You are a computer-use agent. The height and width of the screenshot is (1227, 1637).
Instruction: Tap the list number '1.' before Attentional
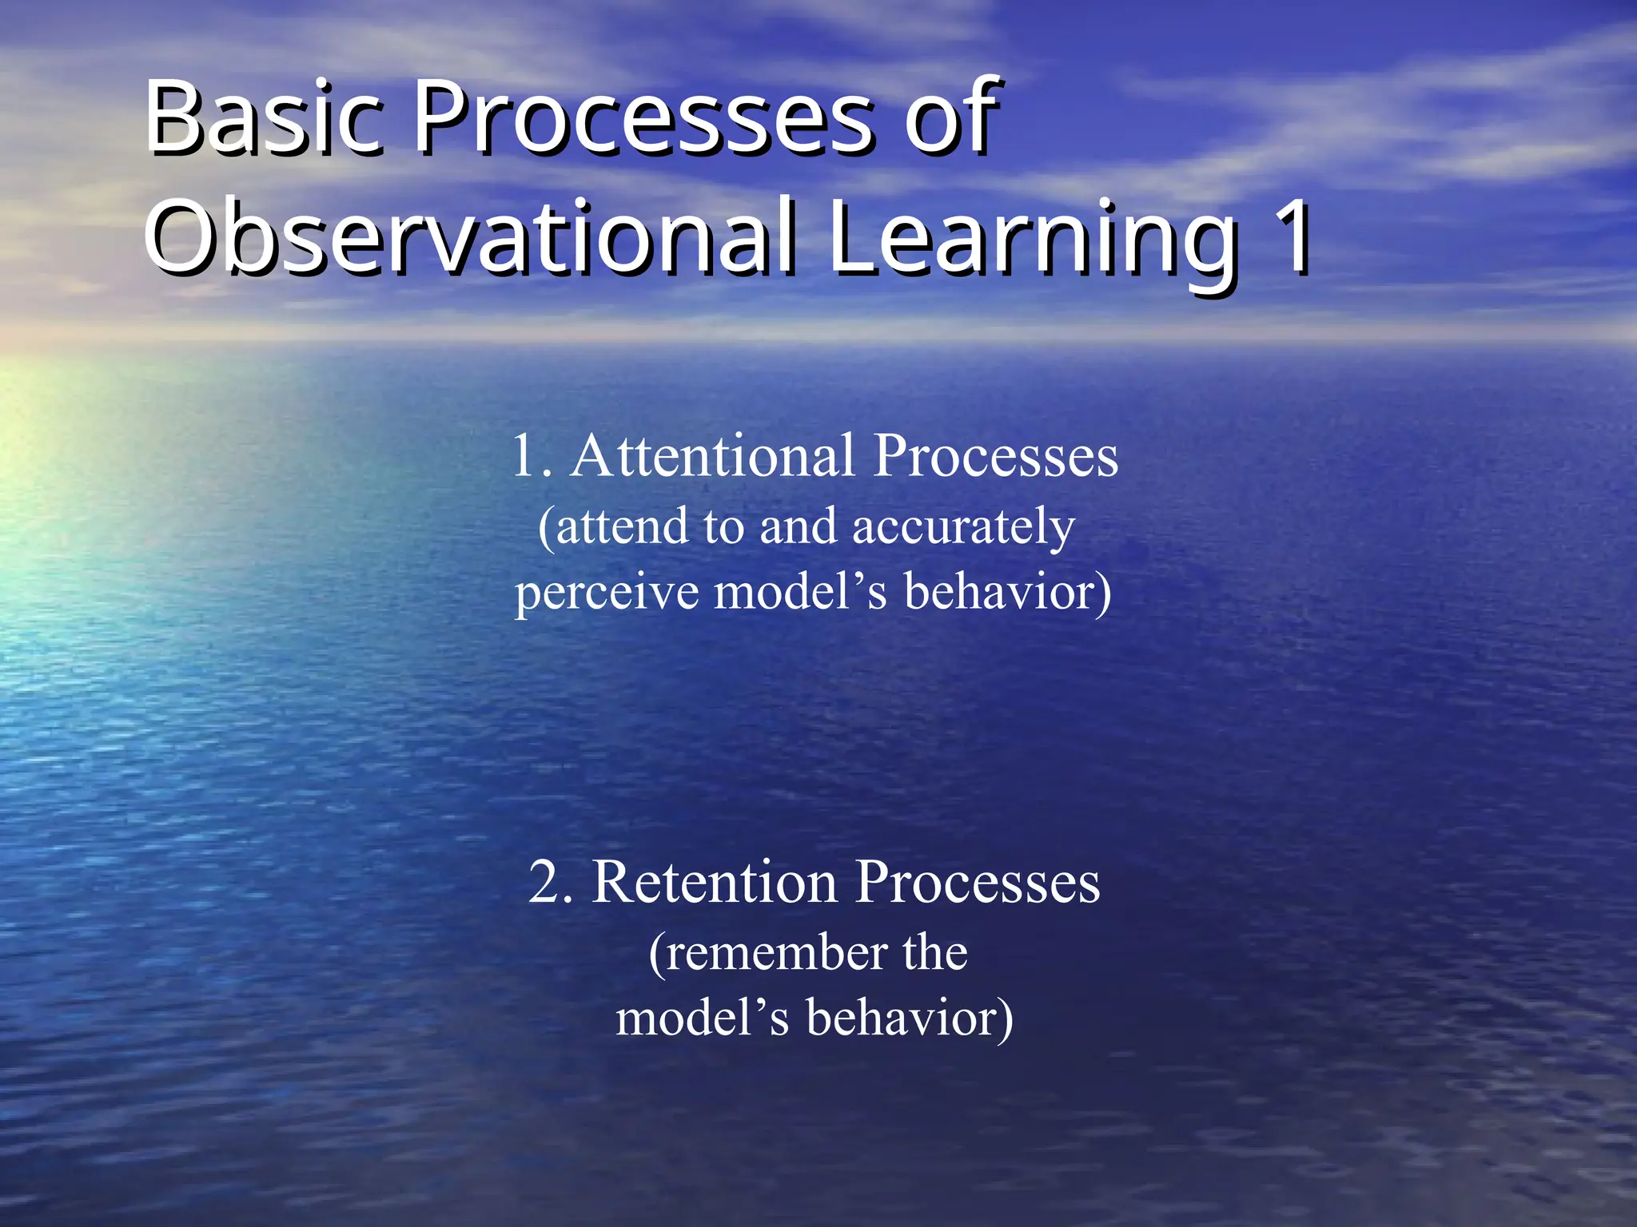click(532, 457)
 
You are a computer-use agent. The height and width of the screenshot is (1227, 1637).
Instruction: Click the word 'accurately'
click(963, 527)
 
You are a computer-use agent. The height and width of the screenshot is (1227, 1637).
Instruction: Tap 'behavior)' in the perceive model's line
click(1007, 593)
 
